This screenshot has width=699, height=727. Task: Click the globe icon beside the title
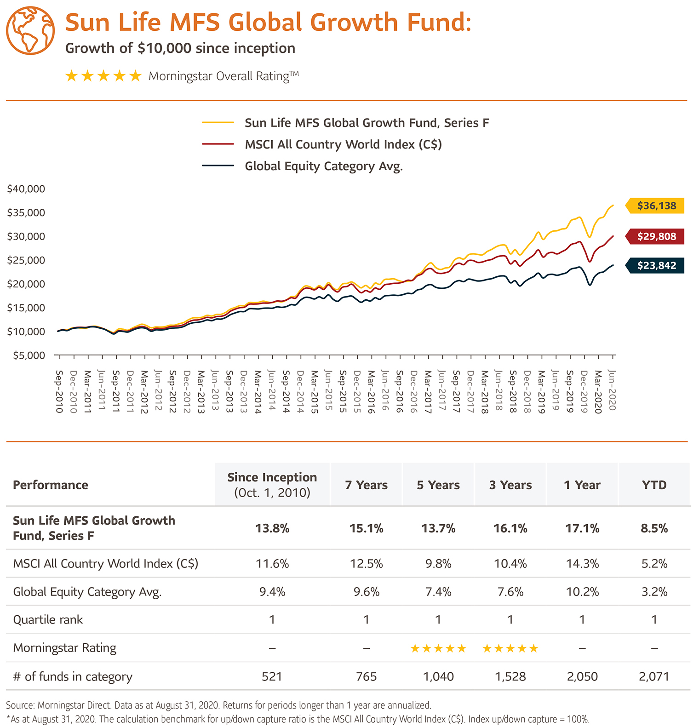[x=30, y=30]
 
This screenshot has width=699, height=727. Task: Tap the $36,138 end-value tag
[x=656, y=206]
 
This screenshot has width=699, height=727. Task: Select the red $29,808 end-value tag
[x=656, y=237]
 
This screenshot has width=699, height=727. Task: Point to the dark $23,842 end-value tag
[x=656, y=266]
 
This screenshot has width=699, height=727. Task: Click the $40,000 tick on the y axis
[x=26, y=189]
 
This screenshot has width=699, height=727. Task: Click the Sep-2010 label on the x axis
[x=59, y=391]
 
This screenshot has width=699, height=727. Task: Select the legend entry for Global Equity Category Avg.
[x=323, y=166]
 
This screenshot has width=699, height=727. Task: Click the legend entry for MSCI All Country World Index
[x=343, y=144]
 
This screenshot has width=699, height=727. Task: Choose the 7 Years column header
[x=366, y=485]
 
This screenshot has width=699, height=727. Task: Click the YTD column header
[x=654, y=485]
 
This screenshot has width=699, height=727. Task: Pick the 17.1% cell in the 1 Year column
[x=582, y=528]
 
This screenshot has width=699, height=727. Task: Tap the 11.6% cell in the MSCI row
[x=272, y=564]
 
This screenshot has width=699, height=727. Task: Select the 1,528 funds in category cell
[x=510, y=677]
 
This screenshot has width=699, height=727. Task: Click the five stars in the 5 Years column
[x=438, y=649]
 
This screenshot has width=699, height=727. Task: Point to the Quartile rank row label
[x=48, y=620]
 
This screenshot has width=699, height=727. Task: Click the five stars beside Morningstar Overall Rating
[x=103, y=76]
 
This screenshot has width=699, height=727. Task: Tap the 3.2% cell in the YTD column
[x=654, y=592]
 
